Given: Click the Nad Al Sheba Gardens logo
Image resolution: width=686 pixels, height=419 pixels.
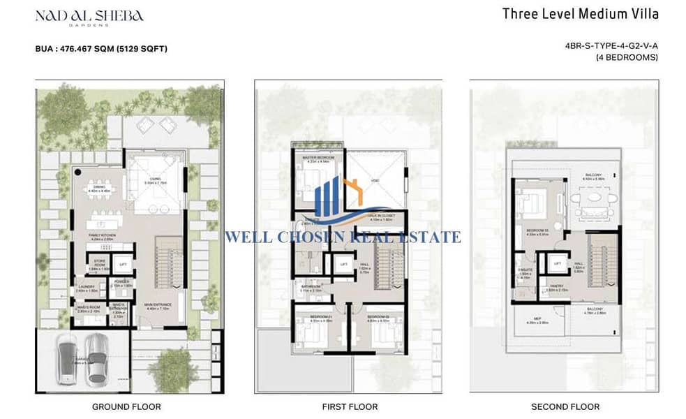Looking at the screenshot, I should (x=89, y=18).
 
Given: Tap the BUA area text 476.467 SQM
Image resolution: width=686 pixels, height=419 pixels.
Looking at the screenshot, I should (x=101, y=49).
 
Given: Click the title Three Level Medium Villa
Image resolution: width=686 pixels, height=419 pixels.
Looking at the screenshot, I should (x=599, y=13).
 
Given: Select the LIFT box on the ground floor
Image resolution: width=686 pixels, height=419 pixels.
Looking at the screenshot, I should (x=123, y=263).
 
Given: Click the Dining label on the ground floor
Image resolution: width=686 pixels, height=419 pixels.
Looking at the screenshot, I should (x=98, y=186).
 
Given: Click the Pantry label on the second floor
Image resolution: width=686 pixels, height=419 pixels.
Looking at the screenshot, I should (x=556, y=286).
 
